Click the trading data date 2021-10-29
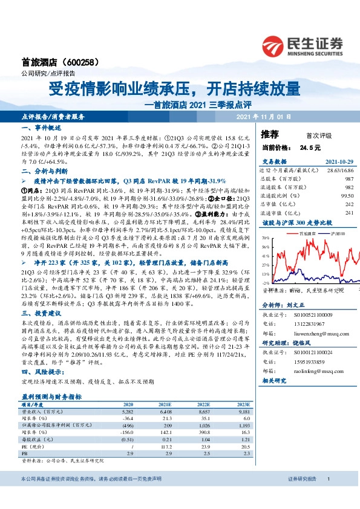click(339, 162)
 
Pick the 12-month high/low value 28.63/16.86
click(339, 171)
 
